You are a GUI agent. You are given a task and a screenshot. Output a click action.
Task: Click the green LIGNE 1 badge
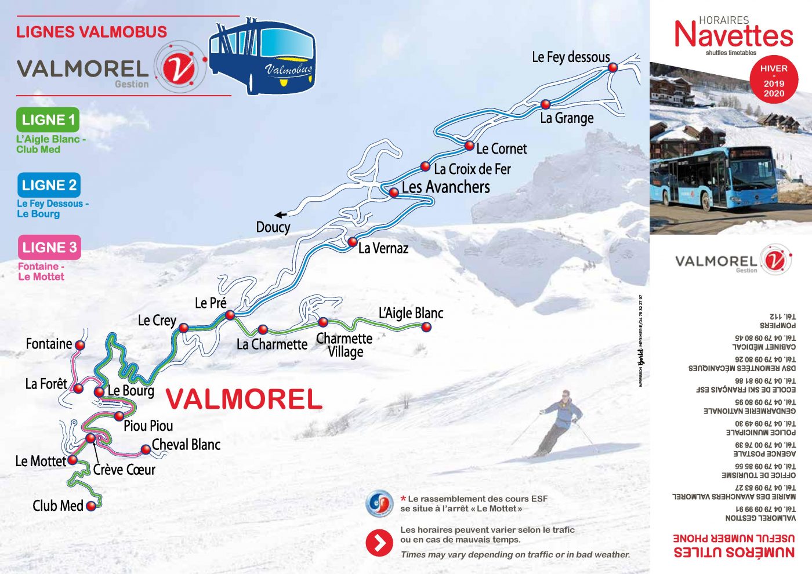48,120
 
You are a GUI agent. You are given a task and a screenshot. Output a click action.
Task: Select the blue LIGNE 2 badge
49,185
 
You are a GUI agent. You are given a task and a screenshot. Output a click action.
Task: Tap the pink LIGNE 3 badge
49,248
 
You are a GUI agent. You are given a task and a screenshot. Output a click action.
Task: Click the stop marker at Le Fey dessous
612,67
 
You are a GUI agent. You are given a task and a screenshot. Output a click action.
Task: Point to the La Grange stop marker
545,104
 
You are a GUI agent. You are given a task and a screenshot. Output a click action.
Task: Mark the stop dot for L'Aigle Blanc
426,327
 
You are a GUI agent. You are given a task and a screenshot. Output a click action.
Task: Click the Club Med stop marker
91,506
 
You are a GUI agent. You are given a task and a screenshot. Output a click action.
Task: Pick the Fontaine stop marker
80,345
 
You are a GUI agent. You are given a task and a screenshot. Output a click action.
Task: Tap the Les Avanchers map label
445,187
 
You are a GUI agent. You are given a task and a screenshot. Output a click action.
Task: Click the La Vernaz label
383,249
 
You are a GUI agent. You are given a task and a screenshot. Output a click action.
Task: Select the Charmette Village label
345,345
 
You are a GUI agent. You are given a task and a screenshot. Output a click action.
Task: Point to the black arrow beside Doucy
281,215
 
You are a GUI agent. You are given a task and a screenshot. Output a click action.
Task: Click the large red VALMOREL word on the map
244,399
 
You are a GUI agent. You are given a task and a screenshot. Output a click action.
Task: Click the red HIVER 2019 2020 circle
774,81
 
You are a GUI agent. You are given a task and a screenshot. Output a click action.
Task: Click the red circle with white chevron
379,543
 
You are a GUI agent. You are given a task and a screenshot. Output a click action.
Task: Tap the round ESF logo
380,503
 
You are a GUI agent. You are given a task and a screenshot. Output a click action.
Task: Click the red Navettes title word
734,35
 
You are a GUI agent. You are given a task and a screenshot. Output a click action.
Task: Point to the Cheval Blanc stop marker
146,449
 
